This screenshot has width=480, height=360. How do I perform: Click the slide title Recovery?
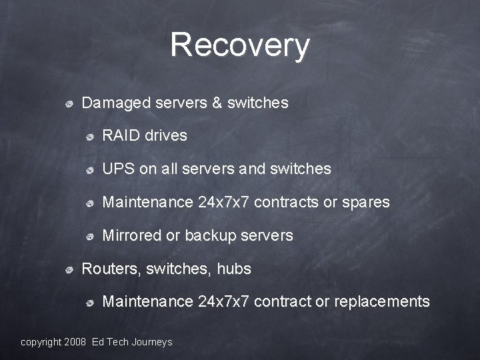pyautogui.click(x=240, y=45)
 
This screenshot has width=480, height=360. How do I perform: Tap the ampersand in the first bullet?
pyautogui.click(x=217, y=103)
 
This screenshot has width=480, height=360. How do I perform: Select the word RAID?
pyautogui.click(x=121, y=136)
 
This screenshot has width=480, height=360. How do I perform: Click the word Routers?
pyautogui.click(x=105, y=269)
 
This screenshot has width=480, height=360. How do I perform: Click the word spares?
pyautogui.click(x=366, y=203)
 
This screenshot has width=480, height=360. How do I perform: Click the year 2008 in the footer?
pyautogui.click(x=75, y=342)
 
